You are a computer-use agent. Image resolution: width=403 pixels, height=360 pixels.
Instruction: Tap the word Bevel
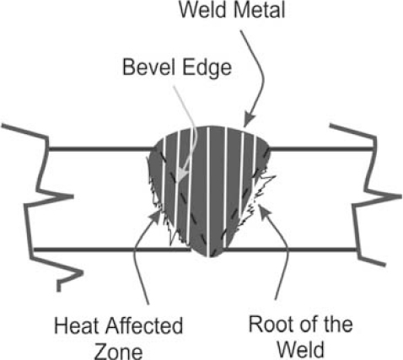click(x=149, y=67)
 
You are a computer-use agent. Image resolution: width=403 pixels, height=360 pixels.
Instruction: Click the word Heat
click(x=77, y=325)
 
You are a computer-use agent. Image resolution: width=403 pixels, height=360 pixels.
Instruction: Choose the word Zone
click(x=119, y=352)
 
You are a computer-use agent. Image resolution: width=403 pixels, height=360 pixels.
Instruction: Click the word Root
click(x=270, y=324)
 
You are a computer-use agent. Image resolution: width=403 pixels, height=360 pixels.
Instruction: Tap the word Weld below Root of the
click(x=301, y=349)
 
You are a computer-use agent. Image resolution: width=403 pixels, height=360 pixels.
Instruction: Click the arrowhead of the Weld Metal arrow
click(x=248, y=121)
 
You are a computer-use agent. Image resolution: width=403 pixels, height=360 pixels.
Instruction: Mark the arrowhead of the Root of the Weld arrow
click(x=263, y=211)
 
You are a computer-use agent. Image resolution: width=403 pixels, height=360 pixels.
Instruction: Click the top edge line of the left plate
click(x=102, y=148)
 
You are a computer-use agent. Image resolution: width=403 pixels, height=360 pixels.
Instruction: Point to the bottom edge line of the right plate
click(x=292, y=250)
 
